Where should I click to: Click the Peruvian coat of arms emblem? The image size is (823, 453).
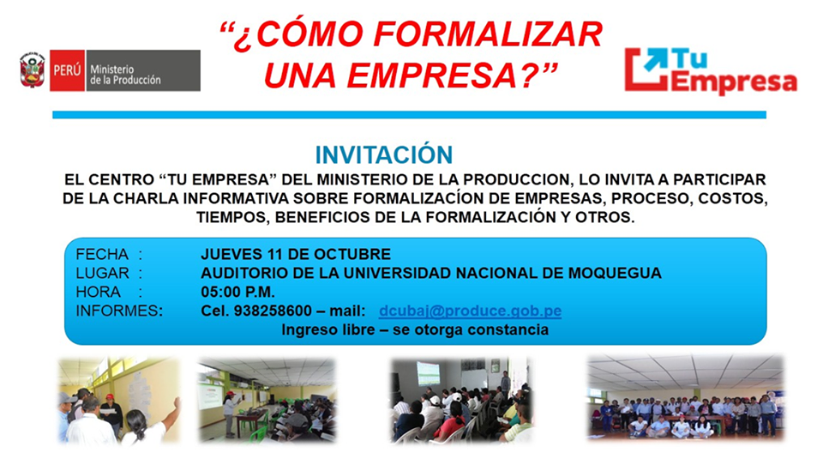click(x=32, y=70)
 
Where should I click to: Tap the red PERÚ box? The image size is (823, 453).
click(x=67, y=70)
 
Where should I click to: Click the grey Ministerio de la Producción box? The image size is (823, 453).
click(x=143, y=70)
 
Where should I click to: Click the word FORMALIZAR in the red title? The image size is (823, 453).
click(x=488, y=34)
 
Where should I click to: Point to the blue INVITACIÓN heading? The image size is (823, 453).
click(x=384, y=155)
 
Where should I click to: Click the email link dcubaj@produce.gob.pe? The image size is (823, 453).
click(x=471, y=311)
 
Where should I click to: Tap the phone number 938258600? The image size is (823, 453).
click(x=273, y=311)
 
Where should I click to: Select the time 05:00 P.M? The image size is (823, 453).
click(x=237, y=292)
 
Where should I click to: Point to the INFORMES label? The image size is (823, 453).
click(x=119, y=311)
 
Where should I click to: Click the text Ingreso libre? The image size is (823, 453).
click(x=328, y=330)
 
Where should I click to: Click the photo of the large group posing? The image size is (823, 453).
click(x=686, y=397)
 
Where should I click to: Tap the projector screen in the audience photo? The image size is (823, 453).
click(x=428, y=373)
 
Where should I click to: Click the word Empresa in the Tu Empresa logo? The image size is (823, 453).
click(x=735, y=82)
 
